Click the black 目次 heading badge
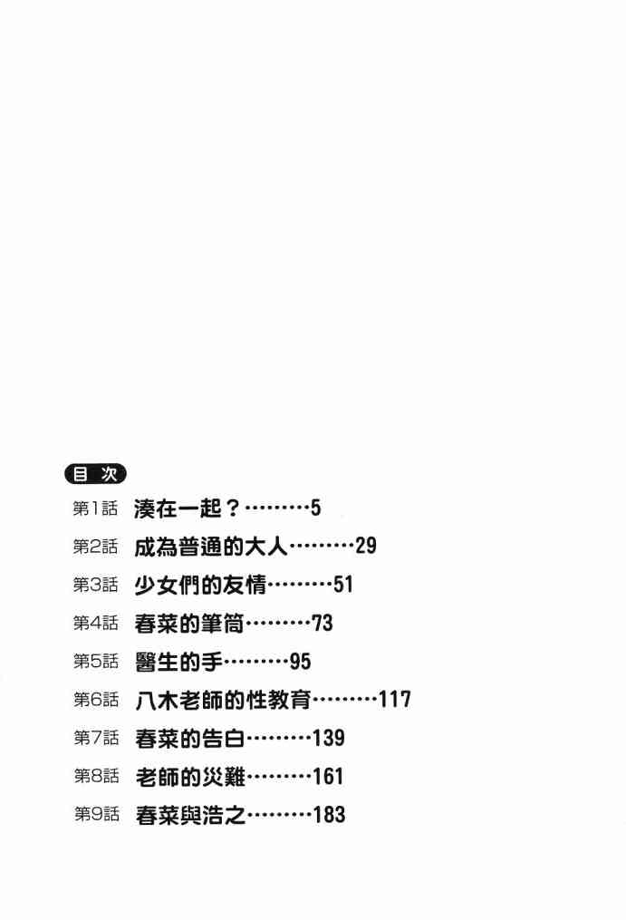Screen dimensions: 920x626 pyautogui.click(x=95, y=473)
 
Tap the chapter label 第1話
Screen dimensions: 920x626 pyautogui.click(x=95, y=508)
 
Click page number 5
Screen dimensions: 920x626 pyautogui.click(x=315, y=508)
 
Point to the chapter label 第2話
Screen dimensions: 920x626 pyautogui.click(x=95, y=546)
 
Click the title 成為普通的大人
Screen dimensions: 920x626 pyautogui.click(x=210, y=546)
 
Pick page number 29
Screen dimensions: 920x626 pyautogui.click(x=365, y=546)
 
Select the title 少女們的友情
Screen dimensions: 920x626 pyautogui.click(x=199, y=585)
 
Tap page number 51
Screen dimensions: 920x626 pyautogui.click(x=342, y=585)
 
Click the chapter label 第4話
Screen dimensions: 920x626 pyautogui.click(x=95, y=623)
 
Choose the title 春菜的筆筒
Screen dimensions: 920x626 pyautogui.click(x=188, y=623)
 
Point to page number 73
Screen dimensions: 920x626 pyautogui.click(x=323, y=623)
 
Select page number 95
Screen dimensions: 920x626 pyautogui.click(x=300, y=662)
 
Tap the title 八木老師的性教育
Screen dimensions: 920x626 pyautogui.click(x=222, y=700)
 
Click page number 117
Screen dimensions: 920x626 pyautogui.click(x=395, y=700)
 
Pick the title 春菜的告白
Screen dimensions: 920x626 pyautogui.click(x=188, y=738)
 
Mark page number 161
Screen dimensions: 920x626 pyautogui.click(x=328, y=777)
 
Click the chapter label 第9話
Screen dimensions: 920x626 pyautogui.click(x=95, y=815)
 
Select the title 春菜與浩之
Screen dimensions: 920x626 pyautogui.click(x=188, y=815)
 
